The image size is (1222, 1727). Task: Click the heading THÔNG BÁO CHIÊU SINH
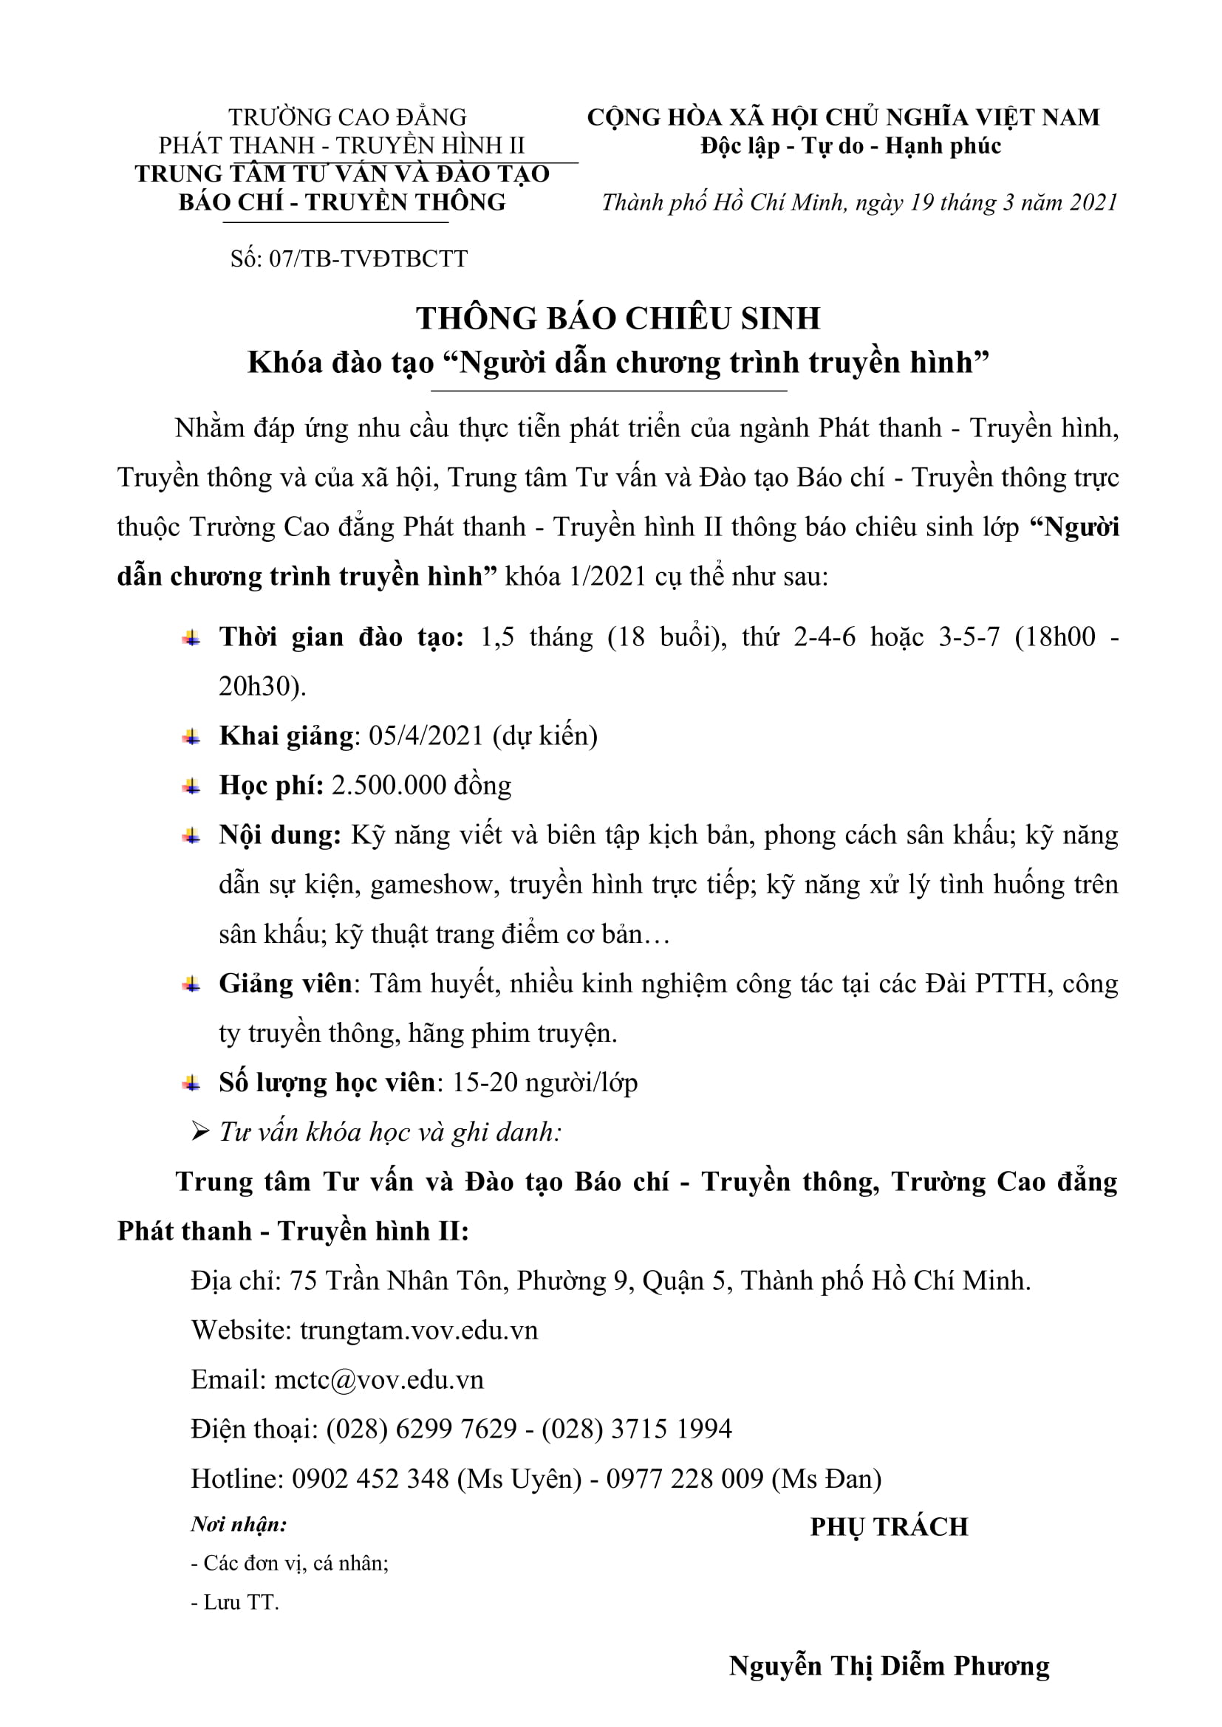618,318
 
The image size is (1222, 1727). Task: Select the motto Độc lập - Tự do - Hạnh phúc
850,145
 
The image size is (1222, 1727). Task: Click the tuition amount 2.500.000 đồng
421,786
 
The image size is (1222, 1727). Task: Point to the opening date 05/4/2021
425,735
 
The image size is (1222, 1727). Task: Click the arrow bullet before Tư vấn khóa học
199,1132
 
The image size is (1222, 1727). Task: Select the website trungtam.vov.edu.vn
418,1330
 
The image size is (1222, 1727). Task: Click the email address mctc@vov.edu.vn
378,1379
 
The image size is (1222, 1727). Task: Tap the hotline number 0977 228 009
685,1479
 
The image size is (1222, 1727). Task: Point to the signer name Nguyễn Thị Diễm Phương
889,1666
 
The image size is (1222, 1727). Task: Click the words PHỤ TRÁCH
889,1527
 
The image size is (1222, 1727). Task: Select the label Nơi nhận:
239,1525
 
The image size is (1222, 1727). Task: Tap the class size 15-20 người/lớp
545,1082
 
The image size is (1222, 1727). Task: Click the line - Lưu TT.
235,1602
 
